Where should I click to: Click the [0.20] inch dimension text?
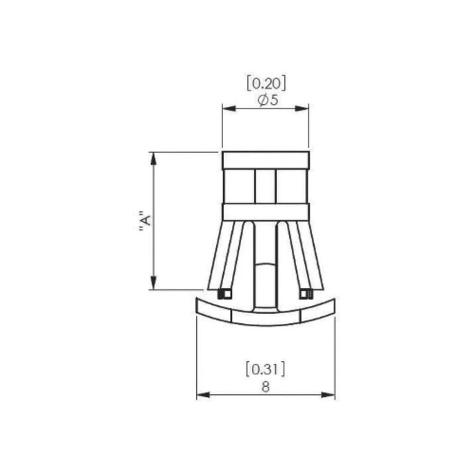265,84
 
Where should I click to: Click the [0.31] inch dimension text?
265,369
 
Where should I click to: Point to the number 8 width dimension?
265,386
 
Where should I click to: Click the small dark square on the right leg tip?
306,294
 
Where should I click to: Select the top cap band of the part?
265,160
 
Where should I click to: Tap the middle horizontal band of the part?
265,212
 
